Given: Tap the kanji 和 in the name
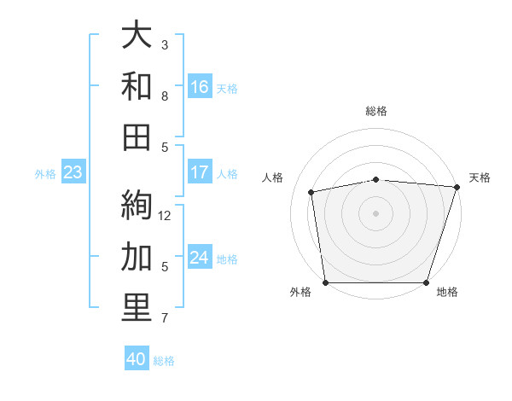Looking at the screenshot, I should coord(137,85).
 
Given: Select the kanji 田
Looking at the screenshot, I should coord(137,137).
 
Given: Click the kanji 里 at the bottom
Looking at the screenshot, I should coord(137,308).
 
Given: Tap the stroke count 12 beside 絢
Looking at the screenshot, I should coord(166,215).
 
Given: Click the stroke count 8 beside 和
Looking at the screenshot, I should coord(165,96).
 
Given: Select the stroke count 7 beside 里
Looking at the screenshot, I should coord(165,319).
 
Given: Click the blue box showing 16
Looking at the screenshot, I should coord(200,86).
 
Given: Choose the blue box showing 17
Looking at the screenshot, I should coord(200,172).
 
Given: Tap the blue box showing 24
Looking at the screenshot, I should coord(200,258).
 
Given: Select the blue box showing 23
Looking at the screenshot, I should coord(73,172).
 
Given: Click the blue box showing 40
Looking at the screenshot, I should coord(137,359).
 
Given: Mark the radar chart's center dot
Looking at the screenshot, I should coord(375,212).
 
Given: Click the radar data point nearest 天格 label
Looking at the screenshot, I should coord(456,187).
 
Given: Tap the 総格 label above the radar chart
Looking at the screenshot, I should coord(376,111).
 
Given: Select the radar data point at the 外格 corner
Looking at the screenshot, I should coord(325,282).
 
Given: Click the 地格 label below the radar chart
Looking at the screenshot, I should coord(447,293).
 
